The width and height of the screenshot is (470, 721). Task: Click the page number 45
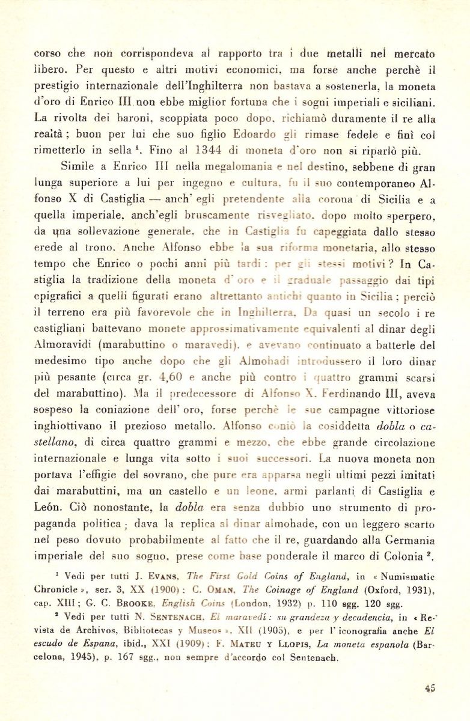click(x=429, y=688)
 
